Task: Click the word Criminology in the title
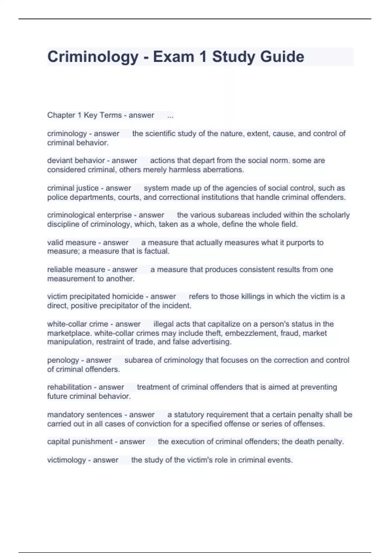tap(93, 57)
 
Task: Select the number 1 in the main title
tap(203, 57)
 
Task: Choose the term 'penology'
tap(63, 360)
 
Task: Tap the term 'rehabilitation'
tap(69, 387)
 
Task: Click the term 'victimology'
tap(66, 460)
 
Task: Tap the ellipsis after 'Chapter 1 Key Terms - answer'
tap(170, 115)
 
